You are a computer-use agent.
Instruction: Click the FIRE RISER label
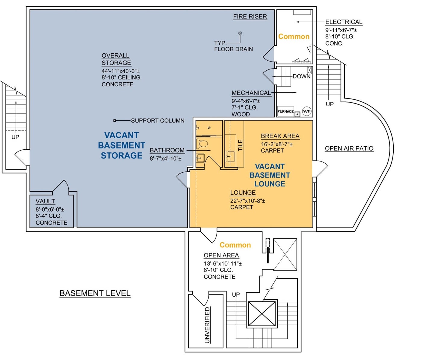tap(250, 17)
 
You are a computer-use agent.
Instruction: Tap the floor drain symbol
tap(240, 33)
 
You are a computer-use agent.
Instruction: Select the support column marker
tap(115, 121)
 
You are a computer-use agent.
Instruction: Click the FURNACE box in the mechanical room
tap(285, 111)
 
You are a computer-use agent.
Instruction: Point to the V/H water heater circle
tap(307, 111)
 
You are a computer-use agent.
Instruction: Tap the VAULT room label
tap(45, 201)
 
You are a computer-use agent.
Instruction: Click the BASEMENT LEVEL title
tap(95, 293)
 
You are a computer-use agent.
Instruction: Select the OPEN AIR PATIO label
tap(349, 148)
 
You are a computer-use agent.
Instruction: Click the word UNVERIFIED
tap(207, 325)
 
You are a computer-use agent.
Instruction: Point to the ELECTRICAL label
tap(344, 22)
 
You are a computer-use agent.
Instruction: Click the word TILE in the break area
tap(240, 145)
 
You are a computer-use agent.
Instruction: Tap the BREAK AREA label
tap(280, 136)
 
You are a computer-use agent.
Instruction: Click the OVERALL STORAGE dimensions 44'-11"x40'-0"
tap(120, 71)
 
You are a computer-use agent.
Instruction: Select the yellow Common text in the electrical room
tap(294, 37)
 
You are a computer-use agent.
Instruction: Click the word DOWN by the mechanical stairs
tap(301, 76)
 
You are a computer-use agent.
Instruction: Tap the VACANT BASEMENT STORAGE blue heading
tap(121, 145)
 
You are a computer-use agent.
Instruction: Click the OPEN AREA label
tap(221, 255)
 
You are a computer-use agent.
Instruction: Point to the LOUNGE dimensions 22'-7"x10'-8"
tap(247, 200)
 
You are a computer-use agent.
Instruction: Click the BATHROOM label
tap(167, 150)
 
